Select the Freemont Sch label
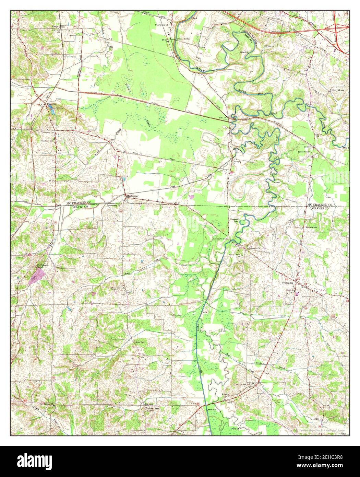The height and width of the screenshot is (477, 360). pyautogui.click(x=47, y=141)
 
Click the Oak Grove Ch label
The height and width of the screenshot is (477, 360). pyautogui.click(x=162, y=25)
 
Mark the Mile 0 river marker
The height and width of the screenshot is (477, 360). pyautogui.click(x=274, y=113)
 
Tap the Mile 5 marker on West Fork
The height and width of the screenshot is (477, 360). pyautogui.click(x=276, y=182)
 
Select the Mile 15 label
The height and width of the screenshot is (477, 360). pyautogui.click(x=236, y=429)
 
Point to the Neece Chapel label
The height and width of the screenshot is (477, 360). pyautogui.click(x=304, y=151)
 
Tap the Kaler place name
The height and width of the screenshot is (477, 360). pyautogui.click(x=225, y=394)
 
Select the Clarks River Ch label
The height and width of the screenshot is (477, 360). pyautogui.click(x=243, y=385)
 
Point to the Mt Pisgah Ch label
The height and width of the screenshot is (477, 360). pyautogui.click(x=47, y=404)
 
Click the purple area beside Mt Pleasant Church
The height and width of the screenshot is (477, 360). pyautogui.click(x=38, y=275)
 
